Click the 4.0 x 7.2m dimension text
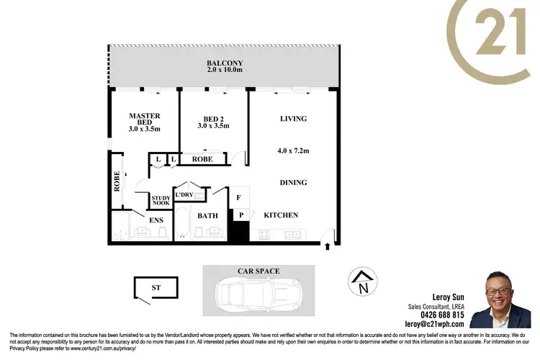292,150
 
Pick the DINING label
292,183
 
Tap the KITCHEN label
281,215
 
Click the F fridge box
239,197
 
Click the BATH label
208,215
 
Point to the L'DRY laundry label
184,195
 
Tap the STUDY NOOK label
161,200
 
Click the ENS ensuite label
155,220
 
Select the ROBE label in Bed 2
202,159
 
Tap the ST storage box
156,288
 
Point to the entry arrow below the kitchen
328,247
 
